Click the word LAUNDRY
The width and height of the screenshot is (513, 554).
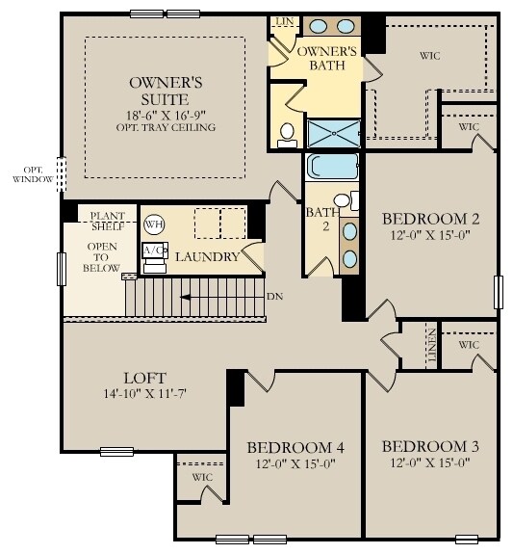[x=206, y=257]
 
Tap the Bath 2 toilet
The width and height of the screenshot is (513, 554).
[x=352, y=200]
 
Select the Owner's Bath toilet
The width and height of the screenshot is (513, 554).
[x=287, y=136]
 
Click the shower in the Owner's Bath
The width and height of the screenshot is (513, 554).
[x=333, y=133]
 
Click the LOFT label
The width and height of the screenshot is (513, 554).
[x=144, y=379]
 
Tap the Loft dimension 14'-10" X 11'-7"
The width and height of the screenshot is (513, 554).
[x=145, y=395]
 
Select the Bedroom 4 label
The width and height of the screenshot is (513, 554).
[x=295, y=447]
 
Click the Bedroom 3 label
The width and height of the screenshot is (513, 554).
[x=424, y=447]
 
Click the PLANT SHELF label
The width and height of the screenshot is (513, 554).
[x=109, y=221]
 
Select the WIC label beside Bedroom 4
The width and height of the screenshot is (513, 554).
[x=201, y=477]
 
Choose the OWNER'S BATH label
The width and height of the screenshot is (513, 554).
[x=327, y=57]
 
